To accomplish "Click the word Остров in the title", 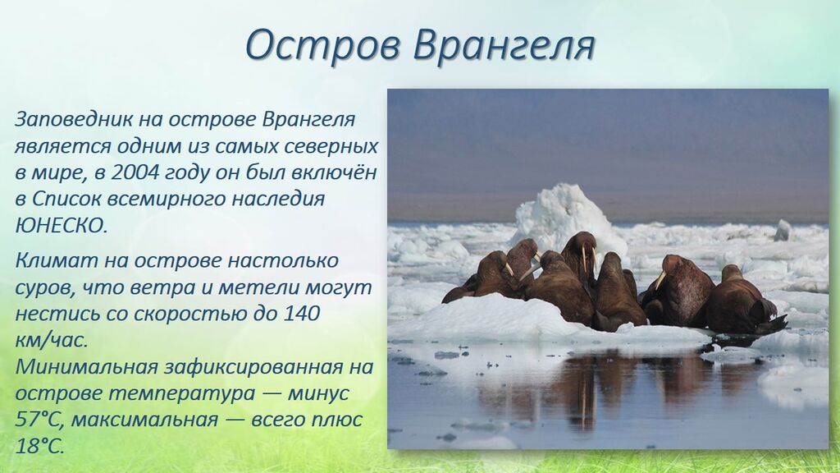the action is [322, 45].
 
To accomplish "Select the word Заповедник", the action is [72, 120].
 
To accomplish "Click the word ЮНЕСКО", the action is [61, 225].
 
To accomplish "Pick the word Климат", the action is [56, 260].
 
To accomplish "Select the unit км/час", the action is [51, 341].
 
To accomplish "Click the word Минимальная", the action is [86, 367].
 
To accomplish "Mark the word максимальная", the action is [145, 420].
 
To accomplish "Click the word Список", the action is [67, 200].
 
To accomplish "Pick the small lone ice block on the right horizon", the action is [782, 230].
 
